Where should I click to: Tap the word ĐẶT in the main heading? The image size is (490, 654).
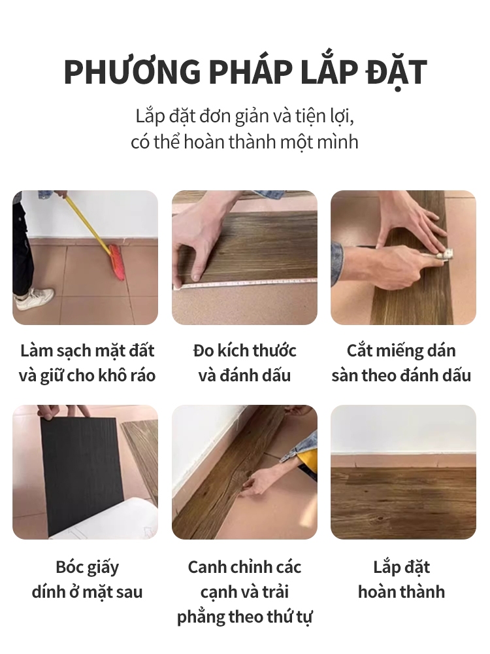tap(397, 72)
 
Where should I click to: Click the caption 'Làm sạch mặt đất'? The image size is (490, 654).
tap(88, 351)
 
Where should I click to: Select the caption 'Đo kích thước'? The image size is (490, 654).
tap(244, 351)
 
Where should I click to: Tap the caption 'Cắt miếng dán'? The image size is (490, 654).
tap(401, 351)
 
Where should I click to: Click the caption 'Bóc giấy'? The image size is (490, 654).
tap(88, 567)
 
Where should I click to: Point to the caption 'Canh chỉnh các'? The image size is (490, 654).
tap(244, 567)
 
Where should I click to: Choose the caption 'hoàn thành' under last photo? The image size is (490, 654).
tap(402, 592)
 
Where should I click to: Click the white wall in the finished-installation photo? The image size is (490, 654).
tap(403, 430)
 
